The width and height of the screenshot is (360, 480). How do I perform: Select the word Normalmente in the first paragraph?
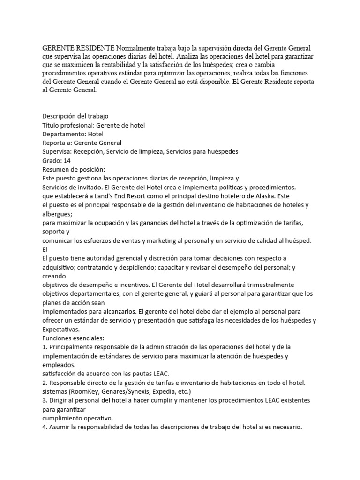[138, 48]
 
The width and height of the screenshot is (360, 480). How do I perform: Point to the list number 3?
[44, 400]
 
